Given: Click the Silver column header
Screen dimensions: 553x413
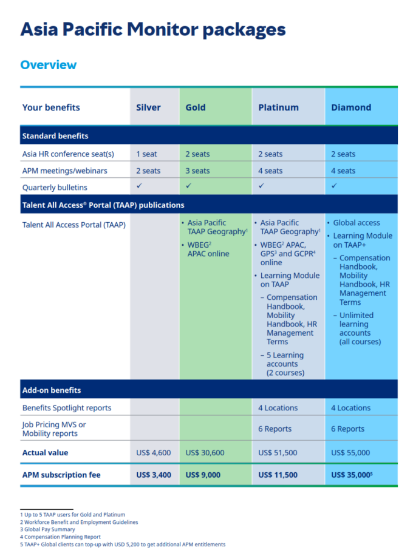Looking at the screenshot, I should point(148,107).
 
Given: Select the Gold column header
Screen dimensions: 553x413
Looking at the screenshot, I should point(196,107).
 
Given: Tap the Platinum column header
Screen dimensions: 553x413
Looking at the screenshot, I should point(278,107).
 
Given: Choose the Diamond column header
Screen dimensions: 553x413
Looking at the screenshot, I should point(351,107).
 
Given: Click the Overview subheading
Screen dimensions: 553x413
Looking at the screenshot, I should point(49,65).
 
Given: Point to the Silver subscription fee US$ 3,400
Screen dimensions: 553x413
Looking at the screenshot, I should point(154,475).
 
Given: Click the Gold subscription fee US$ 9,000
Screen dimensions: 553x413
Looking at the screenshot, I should point(203,475).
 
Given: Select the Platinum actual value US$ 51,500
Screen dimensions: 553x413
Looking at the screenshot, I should point(278,452).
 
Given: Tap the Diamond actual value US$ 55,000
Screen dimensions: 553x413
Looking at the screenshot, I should point(350,452).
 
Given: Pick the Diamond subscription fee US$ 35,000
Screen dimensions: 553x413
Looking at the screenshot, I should point(351,475).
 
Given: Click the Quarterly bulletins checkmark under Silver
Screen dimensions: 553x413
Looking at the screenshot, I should point(139,186).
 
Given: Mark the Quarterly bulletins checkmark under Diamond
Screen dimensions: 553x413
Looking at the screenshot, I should point(334,186).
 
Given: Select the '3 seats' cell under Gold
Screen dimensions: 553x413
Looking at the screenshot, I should point(197,171).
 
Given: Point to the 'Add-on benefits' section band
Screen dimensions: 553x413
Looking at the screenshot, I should point(52,390).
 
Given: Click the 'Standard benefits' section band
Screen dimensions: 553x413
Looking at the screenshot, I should point(55,136).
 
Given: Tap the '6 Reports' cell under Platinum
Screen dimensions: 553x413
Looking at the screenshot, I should point(275,429).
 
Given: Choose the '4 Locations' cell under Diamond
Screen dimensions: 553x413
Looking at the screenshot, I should point(350,408).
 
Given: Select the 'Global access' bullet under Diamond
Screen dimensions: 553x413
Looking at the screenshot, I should point(356,223).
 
